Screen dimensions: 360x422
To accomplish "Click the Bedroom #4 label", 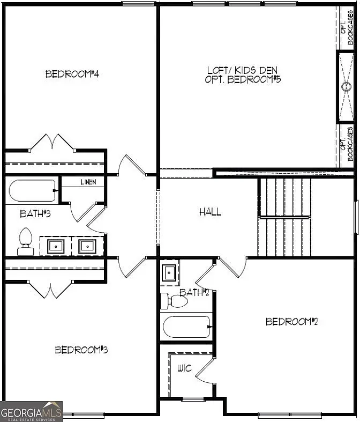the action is pyautogui.click(x=72, y=74).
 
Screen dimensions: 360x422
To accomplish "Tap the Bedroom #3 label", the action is pyautogui.click(x=81, y=350).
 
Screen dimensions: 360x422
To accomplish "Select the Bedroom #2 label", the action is pyautogui.click(x=292, y=322).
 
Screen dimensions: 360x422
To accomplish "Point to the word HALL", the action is pyautogui.click(x=211, y=212).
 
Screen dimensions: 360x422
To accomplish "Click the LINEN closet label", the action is pyautogui.click(x=88, y=182).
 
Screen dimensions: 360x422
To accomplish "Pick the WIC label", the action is pyautogui.click(x=185, y=368).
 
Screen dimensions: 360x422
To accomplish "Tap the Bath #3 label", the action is pyautogui.click(x=35, y=214).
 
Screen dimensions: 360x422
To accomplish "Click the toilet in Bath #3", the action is pyautogui.click(x=26, y=242).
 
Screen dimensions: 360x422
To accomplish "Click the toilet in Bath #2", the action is pyautogui.click(x=174, y=301).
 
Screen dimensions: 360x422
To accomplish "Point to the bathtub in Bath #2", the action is pyautogui.click(x=187, y=327).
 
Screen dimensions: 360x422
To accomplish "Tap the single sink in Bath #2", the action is pyautogui.click(x=169, y=273).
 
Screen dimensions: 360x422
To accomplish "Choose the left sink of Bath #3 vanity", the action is pyautogui.click(x=56, y=246).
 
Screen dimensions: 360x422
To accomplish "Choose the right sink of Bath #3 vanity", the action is pyautogui.click(x=87, y=246).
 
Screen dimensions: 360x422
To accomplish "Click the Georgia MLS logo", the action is pyautogui.click(x=31, y=411).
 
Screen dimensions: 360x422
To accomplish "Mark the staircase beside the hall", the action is pyautogui.click(x=284, y=217).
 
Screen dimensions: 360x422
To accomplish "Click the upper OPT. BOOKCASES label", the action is pyautogui.click(x=347, y=27).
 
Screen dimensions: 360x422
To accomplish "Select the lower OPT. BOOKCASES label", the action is pyautogui.click(x=347, y=144).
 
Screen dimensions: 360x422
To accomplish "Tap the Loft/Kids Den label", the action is pyautogui.click(x=242, y=75).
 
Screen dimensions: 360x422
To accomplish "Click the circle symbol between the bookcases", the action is pyautogui.click(x=346, y=87).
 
